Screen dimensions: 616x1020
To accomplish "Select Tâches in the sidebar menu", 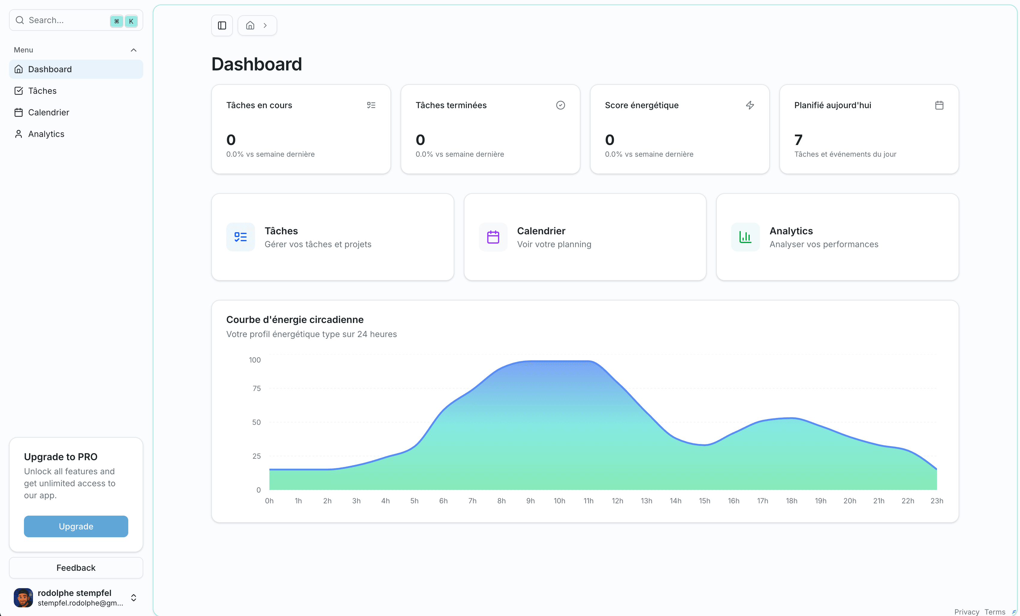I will click(x=42, y=91).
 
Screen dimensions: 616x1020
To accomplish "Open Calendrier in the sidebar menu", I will click(x=49, y=112).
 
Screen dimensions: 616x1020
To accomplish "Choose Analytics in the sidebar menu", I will click(x=46, y=134).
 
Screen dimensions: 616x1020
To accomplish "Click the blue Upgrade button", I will click(x=76, y=526).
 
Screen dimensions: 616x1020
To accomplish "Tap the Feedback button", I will click(x=76, y=567).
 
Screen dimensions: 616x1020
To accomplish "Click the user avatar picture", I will click(x=23, y=597).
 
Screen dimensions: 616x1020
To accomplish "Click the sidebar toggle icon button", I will click(x=222, y=26).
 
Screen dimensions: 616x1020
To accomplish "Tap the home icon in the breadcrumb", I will click(x=250, y=26).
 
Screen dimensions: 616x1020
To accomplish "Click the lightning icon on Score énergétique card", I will click(x=750, y=105).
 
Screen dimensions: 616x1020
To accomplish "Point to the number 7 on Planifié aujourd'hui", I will click(x=798, y=140).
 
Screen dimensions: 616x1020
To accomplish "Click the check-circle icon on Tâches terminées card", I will click(x=561, y=105).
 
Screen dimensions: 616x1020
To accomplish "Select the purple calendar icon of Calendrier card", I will click(x=493, y=237).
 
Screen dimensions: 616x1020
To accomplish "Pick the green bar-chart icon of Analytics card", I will click(x=745, y=237).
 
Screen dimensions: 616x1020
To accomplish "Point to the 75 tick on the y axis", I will click(x=257, y=388).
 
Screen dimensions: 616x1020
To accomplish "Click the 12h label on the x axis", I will click(x=617, y=501).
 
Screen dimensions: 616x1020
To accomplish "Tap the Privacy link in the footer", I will click(x=967, y=612).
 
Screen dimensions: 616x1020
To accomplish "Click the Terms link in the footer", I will click(x=995, y=612).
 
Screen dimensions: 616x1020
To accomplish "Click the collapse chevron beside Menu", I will click(x=134, y=50).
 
